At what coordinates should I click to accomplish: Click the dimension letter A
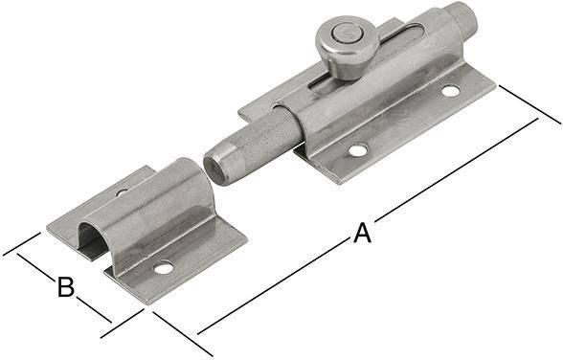[362, 233]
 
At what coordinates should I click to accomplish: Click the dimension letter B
[65, 285]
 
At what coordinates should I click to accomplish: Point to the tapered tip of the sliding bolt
[221, 163]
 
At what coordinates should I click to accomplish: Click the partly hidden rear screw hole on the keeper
[122, 192]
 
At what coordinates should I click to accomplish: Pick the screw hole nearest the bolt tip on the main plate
[357, 150]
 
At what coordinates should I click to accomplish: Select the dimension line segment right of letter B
[93, 308]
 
